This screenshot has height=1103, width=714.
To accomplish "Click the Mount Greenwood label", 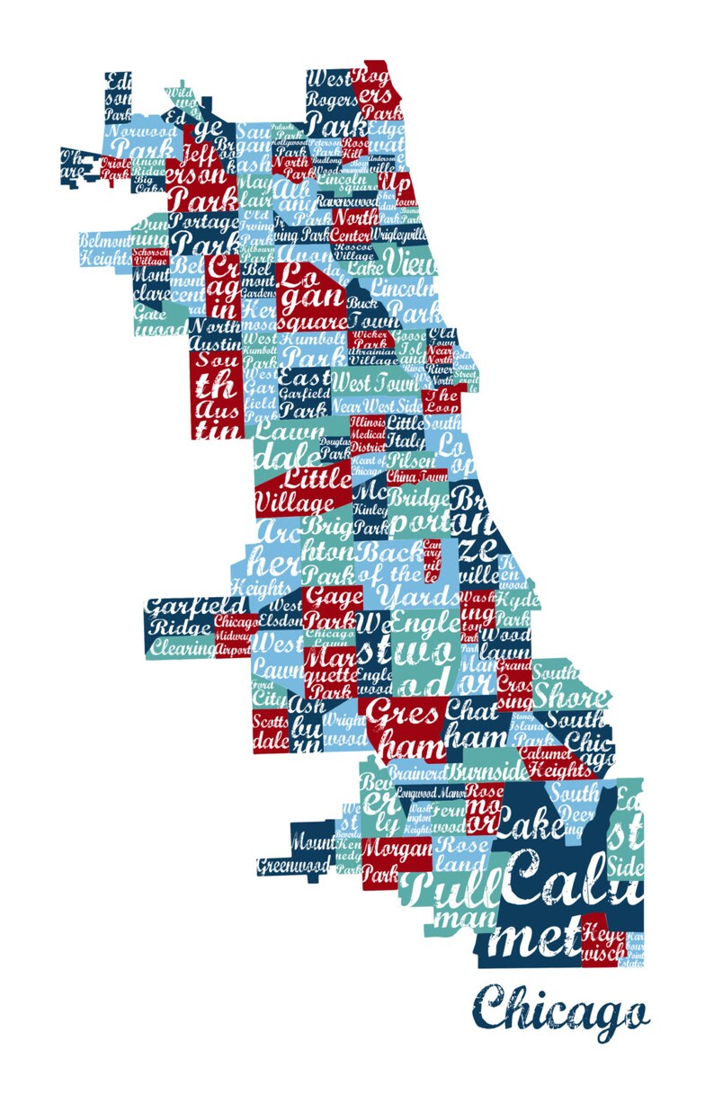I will [297, 855].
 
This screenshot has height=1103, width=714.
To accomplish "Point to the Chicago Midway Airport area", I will [236, 636].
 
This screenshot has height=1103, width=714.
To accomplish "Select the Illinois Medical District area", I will [367, 434].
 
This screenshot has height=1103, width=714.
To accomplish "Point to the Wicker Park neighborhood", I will [370, 340].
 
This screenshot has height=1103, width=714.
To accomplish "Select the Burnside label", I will [488, 771].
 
